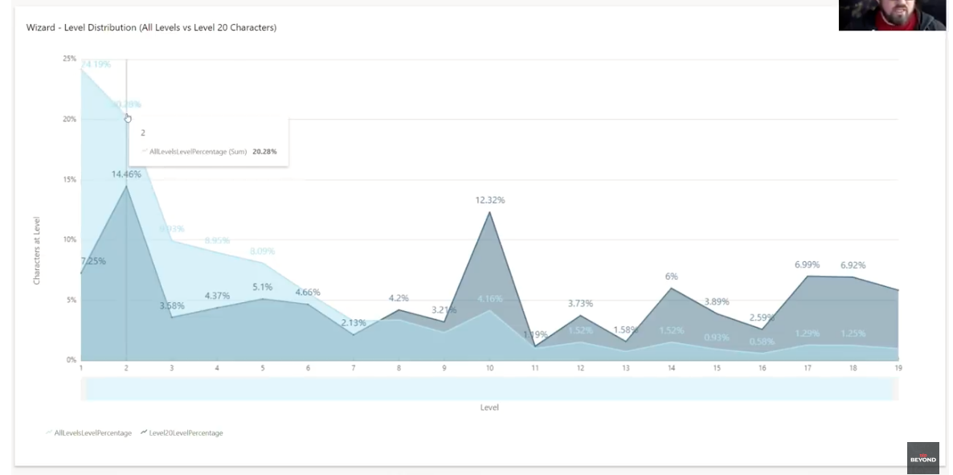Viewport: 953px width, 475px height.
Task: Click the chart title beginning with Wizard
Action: coord(151,27)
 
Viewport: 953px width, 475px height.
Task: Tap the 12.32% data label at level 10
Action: coord(490,200)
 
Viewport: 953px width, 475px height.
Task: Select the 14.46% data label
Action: coord(126,174)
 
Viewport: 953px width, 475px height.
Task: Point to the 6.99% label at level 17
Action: coord(808,264)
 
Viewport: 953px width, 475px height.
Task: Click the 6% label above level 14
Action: coord(672,276)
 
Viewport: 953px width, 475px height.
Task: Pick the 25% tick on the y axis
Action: coord(70,59)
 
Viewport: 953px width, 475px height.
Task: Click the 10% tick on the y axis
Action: coord(70,240)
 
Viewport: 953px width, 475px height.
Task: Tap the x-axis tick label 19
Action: coord(898,368)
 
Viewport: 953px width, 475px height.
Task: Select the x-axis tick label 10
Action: coord(489,368)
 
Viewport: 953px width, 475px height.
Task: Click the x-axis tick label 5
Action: coord(262,368)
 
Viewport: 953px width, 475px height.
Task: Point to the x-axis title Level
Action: coord(489,407)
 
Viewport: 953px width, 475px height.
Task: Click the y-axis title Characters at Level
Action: coord(37,250)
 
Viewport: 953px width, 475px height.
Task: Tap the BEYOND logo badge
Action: coord(922,458)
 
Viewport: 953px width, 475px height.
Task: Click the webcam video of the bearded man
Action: coord(892,15)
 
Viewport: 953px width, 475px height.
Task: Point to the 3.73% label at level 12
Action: coord(580,304)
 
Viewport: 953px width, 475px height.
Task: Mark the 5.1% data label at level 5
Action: coord(262,287)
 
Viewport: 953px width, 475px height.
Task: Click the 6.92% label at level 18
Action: coord(853,265)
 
